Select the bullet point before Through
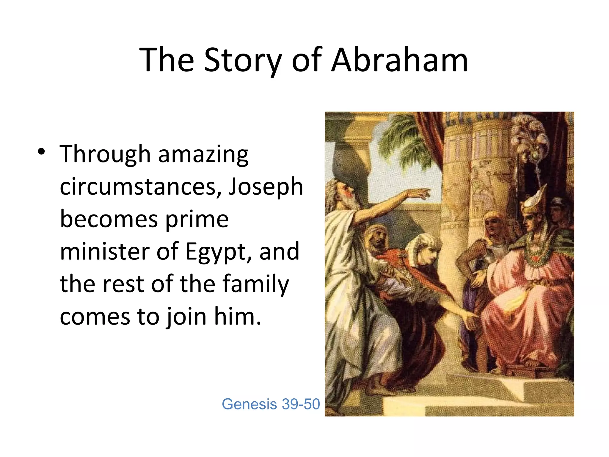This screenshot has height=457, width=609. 41,152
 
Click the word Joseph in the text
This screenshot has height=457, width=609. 266,187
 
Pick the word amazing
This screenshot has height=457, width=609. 203,155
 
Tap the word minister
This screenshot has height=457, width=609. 104,251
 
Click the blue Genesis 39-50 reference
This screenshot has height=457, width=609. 271,404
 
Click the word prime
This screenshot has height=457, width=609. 197,220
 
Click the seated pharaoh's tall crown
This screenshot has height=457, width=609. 535,199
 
